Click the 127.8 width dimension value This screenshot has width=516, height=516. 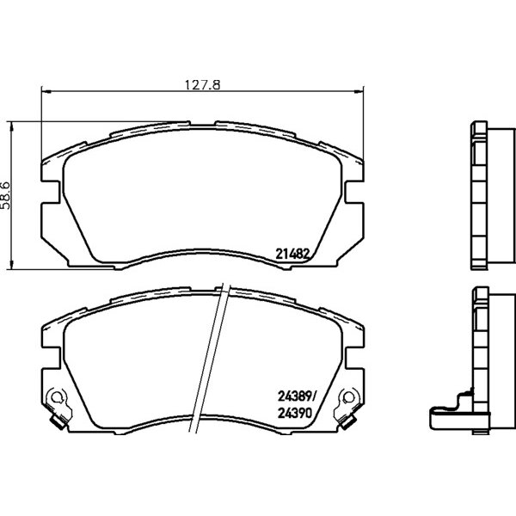(x=202, y=85)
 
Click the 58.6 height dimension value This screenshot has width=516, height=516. (x=6, y=195)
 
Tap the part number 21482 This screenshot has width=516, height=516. (x=292, y=254)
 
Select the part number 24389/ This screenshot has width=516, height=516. (x=297, y=396)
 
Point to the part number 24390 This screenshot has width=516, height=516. (x=294, y=413)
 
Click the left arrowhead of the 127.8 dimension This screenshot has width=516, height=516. (x=46, y=91)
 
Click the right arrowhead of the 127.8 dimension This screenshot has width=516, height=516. (x=359, y=91)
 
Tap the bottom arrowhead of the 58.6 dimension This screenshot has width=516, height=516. (x=11, y=264)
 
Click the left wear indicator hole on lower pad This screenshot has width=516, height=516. (x=57, y=396)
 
